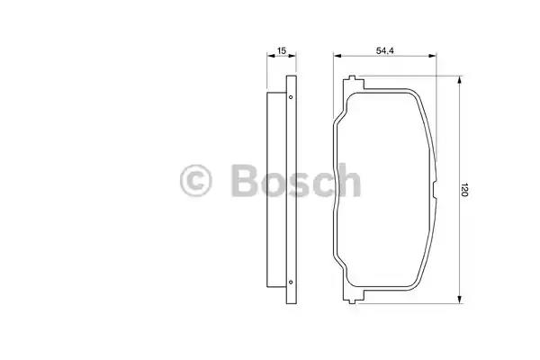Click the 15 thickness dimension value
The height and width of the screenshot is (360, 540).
click(282, 50)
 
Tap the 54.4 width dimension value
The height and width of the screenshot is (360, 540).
click(384, 50)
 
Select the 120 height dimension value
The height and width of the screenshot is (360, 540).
click(464, 190)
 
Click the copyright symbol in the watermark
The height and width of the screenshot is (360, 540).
click(195, 181)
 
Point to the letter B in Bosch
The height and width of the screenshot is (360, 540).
click(245, 181)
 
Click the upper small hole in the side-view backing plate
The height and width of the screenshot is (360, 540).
click(291, 97)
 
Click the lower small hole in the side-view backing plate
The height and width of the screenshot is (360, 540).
click(291, 282)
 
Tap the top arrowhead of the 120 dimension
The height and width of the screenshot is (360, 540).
click(459, 80)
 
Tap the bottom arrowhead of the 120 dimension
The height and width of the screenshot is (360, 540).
click(459, 300)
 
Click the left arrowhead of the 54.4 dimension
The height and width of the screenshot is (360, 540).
click(337, 56)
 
